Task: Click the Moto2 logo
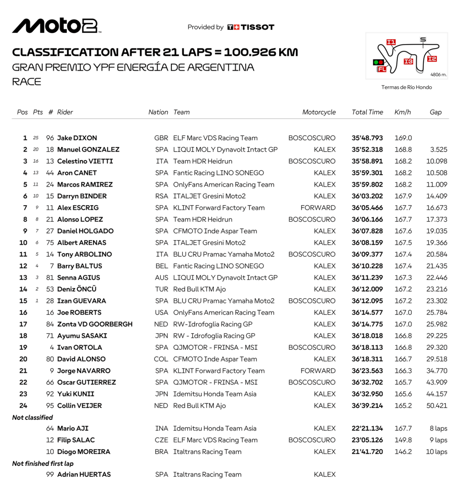[56, 26]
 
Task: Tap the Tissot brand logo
[251, 27]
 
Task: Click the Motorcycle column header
[319, 112]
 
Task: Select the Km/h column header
[402, 112]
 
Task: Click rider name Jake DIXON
[77, 138]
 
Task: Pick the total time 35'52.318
[367, 150]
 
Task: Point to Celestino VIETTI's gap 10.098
[436, 161]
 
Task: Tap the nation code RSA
[161, 196]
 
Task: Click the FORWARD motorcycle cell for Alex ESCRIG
[318, 208]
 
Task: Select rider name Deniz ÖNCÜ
[77, 289]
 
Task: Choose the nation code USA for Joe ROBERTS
[161, 312]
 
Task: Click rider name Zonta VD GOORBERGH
[95, 324]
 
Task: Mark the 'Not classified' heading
[33, 417]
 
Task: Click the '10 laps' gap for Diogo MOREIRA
[436, 452]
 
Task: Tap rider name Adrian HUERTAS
[84, 474]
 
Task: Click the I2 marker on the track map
[432, 59]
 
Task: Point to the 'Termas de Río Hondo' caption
[406, 87]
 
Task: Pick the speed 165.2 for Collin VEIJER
[403, 405]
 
